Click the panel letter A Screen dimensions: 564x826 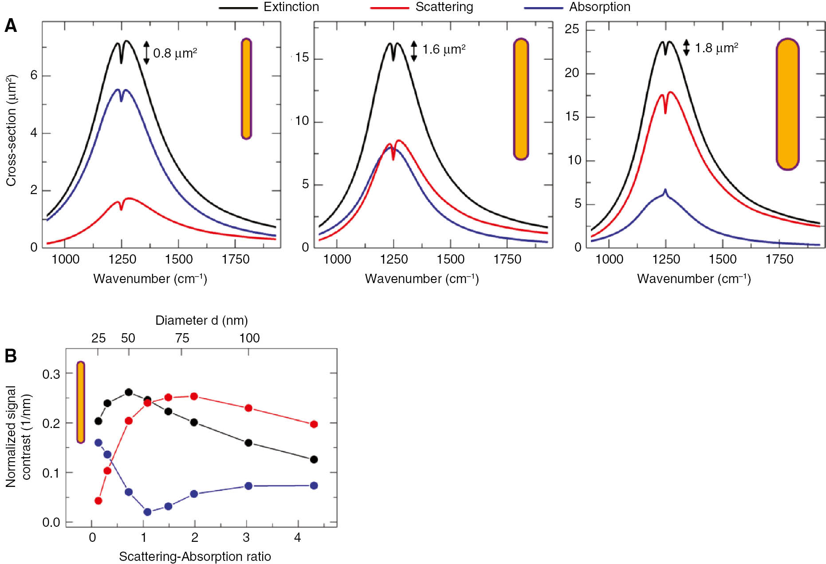pyautogui.click(x=11, y=26)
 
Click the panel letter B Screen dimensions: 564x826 pyautogui.click(x=11, y=356)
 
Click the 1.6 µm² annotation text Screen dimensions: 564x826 pyautogui.click(x=444, y=49)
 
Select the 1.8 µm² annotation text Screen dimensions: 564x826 pyautogui.click(x=716, y=48)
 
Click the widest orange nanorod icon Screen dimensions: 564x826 pyautogui.click(x=787, y=104)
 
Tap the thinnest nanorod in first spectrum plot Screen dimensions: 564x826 pyautogui.click(x=246, y=89)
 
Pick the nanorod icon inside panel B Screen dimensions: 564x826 pyautogui.click(x=80, y=402)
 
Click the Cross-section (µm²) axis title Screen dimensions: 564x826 pyautogui.click(x=11, y=131)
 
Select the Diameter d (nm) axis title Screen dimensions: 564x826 pyautogui.click(x=201, y=320)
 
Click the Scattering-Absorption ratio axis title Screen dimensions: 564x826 pyautogui.click(x=195, y=556)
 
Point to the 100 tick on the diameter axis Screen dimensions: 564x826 pyautogui.click(x=249, y=338)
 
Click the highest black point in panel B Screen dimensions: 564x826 pyautogui.click(x=129, y=392)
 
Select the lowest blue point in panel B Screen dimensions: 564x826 pyautogui.click(x=148, y=512)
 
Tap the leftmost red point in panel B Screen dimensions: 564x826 pyautogui.click(x=98, y=501)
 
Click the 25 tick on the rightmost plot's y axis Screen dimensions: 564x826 pyautogui.click(x=572, y=29)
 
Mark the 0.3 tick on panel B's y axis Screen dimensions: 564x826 pyautogui.click(x=51, y=374)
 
